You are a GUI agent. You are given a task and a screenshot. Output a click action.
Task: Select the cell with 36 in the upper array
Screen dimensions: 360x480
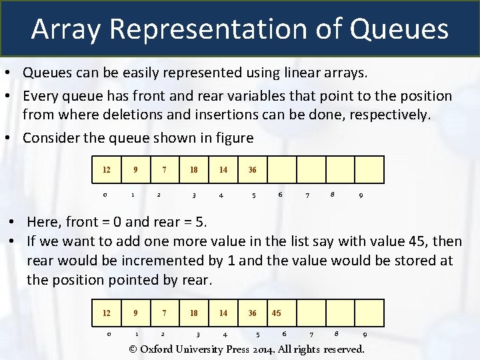click(x=252, y=169)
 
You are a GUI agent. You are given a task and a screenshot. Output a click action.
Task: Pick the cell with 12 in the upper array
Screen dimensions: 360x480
click(x=106, y=169)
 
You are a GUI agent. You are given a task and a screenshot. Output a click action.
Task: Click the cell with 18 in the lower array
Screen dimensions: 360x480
click(x=193, y=313)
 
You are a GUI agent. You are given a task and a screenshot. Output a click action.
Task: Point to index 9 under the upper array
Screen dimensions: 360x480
click(x=361, y=196)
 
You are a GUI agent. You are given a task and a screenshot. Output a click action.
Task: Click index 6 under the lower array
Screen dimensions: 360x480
click(x=285, y=333)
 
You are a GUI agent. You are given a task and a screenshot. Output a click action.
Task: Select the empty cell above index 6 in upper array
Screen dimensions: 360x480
click(x=281, y=169)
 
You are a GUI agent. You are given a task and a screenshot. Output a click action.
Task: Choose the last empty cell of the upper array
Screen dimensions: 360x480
click(x=369, y=169)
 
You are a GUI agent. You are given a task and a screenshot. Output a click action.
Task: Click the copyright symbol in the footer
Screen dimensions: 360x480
click(x=133, y=349)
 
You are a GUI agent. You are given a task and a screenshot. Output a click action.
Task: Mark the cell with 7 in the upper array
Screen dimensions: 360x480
click(x=164, y=169)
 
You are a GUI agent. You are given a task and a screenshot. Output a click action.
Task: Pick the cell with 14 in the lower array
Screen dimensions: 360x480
click(x=223, y=313)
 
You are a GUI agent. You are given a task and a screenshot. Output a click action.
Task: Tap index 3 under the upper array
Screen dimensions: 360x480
click(x=194, y=196)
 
